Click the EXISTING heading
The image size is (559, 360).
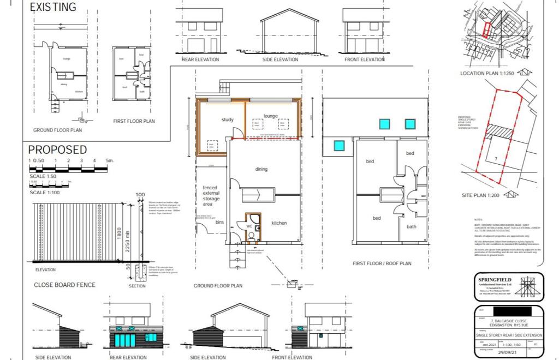click(53, 8)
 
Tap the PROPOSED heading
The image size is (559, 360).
click(57, 149)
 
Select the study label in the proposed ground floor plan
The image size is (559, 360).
click(228, 120)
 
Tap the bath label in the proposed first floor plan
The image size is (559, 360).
click(411, 226)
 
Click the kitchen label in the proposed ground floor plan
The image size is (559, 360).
click(279, 223)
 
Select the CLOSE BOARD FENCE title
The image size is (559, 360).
click(64, 285)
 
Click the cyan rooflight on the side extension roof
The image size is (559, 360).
click(339, 146)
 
